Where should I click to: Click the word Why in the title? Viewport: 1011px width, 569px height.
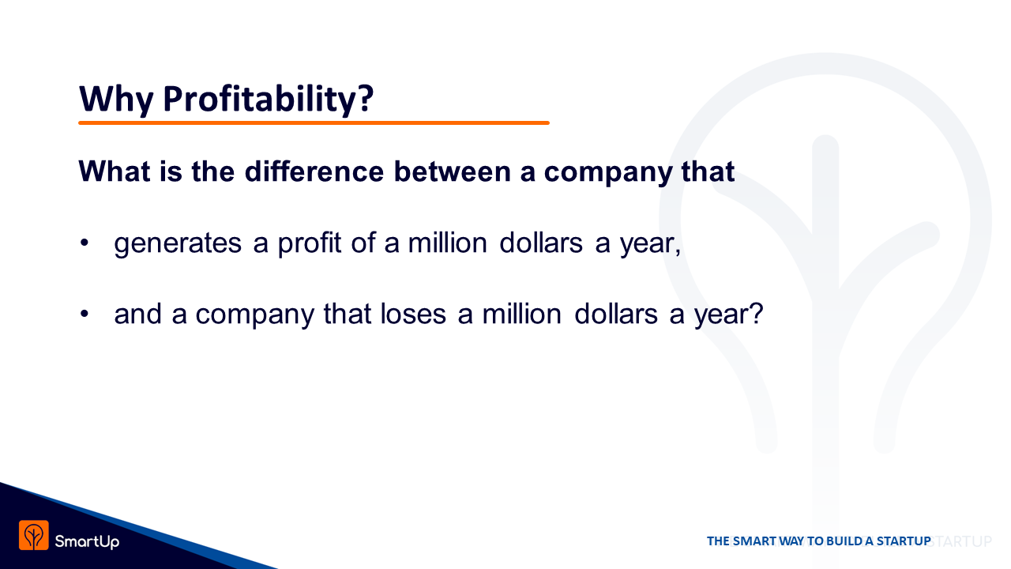(116, 99)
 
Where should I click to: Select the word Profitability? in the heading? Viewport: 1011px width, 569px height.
(269, 99)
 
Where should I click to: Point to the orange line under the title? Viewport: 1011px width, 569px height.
(314, 122)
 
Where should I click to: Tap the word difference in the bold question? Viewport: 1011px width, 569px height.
(314, 171)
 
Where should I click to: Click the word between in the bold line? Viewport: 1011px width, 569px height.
(453, 171)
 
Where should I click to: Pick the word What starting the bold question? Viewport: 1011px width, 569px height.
(115, 171)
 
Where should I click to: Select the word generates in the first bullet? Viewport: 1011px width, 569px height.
(178, 244)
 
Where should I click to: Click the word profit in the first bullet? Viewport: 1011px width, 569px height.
(309, 244)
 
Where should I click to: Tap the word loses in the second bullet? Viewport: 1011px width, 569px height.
(413, 314)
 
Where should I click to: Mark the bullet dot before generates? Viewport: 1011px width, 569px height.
(85, 243)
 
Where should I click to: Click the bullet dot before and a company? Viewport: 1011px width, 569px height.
(85, 314)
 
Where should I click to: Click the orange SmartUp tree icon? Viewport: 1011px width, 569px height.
(34, 535)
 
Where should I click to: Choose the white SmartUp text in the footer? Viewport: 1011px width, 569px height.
(87, 541)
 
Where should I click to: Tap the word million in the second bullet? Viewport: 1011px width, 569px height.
(522, 314)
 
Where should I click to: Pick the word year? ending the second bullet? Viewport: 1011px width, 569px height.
(728, 315)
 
